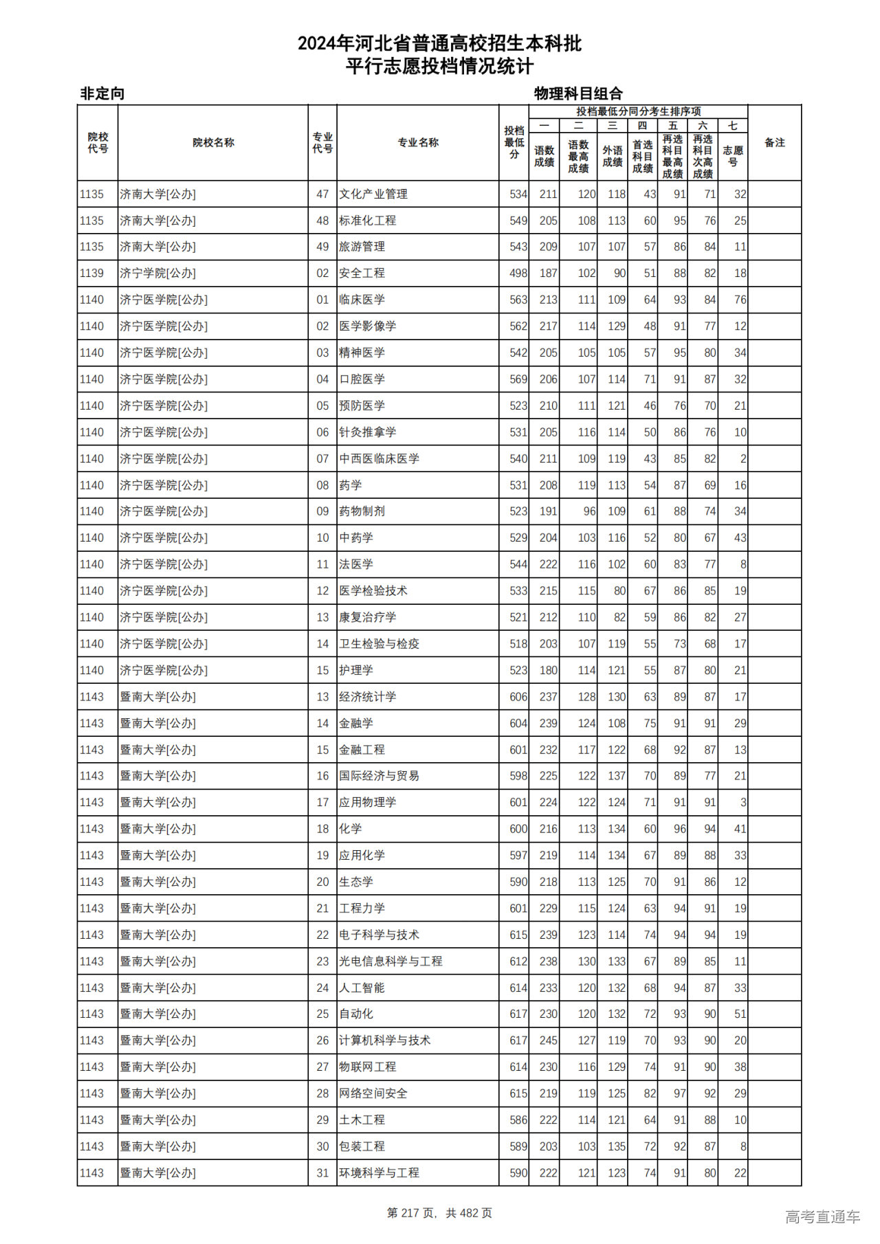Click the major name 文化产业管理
coord(373,195)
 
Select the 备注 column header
coord(774,142)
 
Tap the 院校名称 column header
coord(213,142)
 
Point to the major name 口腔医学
coord(362,379)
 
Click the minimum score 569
coord(518,379)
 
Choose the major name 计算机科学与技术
coord(384,1041)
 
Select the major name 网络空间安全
coord(373,1093)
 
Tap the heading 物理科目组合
coord(578,93)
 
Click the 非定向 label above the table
coord(102,93)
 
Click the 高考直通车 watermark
coord(822,1217)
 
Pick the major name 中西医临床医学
coord(379,459)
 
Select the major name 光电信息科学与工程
coord(390,962)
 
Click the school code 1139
coord(91,274)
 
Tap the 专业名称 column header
coord(418,142)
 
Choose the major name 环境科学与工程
coord(379,1173)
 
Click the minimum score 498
coord(518,274)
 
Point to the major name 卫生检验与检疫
coord(379,644)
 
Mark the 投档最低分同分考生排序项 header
coord(638,111)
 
